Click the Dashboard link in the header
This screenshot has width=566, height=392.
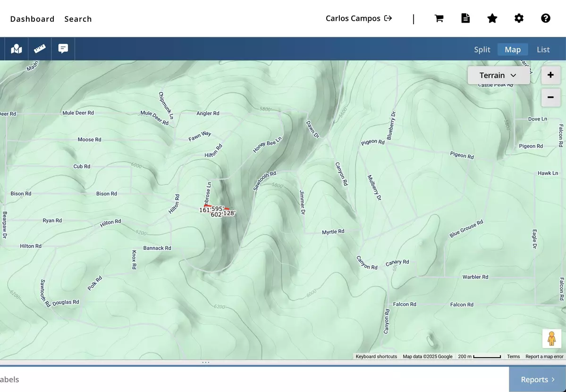(x=32, y=19)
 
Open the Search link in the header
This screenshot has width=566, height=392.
(x=78, y=19)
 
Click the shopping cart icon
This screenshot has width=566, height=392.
(x=439, y=18)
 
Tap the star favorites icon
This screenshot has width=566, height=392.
(x=492, y=18)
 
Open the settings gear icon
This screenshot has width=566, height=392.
(x=519, y=18)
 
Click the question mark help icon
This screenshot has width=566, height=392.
(x=546, y=18)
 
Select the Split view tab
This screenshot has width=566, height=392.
(x=482, y=50)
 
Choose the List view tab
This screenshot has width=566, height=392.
(x=543, y=50)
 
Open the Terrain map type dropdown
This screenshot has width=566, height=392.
(x=498, y=76)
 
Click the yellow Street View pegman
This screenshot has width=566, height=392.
(x=551, y=339)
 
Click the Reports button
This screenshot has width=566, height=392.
(x=537, y=380)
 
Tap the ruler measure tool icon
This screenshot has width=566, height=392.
(x=40, y=49)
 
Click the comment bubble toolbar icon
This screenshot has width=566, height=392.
(x=63, y=49)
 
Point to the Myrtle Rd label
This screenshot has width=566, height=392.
(x=333, y=232)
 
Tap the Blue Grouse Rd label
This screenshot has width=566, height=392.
(x=466, y=229)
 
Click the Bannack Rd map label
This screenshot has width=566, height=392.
(x=157, y=248)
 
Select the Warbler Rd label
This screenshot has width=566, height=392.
(x=475, y=277)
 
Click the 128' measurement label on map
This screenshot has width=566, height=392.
(x=229, y=213)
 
